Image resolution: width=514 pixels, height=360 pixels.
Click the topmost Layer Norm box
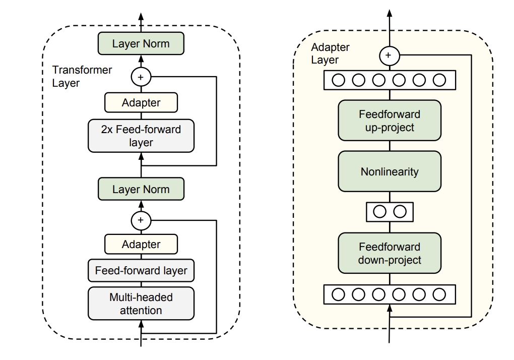pos(141,43)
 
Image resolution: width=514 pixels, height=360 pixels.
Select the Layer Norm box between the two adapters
pos(141,190)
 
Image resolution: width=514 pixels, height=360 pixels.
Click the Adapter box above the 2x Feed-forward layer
pos(141,103)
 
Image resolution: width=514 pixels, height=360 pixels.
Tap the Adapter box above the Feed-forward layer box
pos(141,245)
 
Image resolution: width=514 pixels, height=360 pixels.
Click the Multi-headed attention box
pos(141,303)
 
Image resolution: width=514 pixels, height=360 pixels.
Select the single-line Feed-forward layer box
pos(141,271)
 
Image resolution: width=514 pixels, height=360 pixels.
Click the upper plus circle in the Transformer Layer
pos(141,77)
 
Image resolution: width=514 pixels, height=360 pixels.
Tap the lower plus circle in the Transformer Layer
pos(141,220)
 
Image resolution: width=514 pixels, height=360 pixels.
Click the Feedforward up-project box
pos(389,121)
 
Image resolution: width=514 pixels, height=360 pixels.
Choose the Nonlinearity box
pos(389,171)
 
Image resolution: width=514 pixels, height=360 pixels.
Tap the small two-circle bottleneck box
pos(389,212)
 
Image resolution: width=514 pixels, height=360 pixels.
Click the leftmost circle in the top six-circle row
pos(338,80)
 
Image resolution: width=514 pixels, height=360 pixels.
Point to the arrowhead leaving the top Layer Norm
pos(141,16)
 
